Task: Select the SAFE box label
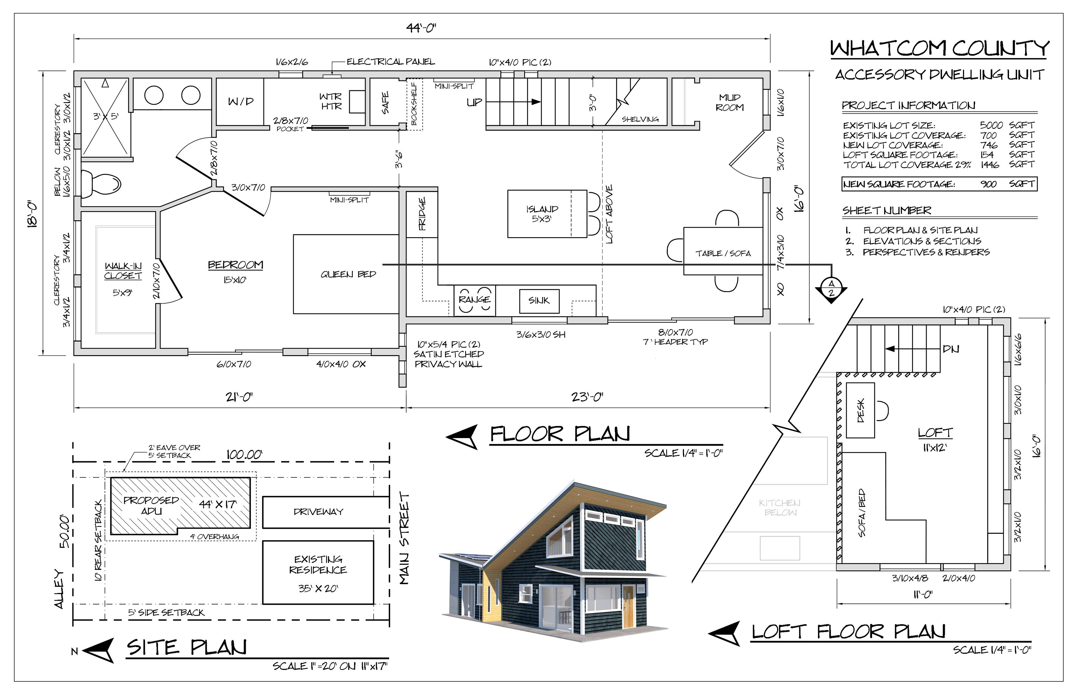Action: coord(385,103)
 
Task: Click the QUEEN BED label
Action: coord(348,274)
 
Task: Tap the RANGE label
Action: coord(474,299)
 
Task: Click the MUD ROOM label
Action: coord(729,103)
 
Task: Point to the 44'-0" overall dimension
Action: coord(421,28)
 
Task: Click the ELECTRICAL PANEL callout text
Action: coord(391,61)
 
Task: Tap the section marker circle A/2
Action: coord(831,287)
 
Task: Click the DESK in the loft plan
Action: coord(860,410)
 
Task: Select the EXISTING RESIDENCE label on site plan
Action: coord(318,564)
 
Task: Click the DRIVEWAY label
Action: coord(318,512)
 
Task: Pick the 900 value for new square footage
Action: coord(989,184)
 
